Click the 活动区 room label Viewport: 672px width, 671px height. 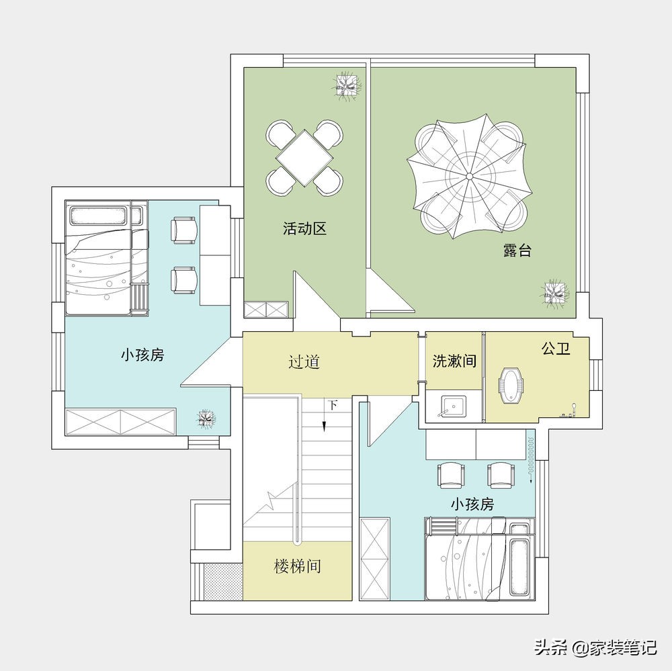click(304, 229)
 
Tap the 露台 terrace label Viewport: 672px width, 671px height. click(517, 251)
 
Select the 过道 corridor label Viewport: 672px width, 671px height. click(304, 361)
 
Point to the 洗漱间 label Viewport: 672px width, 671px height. click(454, 361)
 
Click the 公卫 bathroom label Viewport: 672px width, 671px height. click(556, 349)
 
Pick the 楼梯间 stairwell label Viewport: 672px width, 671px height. click(297, 566)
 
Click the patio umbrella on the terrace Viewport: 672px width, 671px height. click(468, 176)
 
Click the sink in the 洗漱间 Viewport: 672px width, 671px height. click(454, 406)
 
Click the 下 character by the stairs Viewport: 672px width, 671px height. click(333, 405)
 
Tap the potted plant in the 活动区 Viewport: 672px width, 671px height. click(347, 86)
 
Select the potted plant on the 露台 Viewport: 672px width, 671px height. click(555, 293)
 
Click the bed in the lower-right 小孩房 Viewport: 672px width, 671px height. click(478, 558)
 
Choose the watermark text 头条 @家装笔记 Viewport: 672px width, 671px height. click(595, 647)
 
